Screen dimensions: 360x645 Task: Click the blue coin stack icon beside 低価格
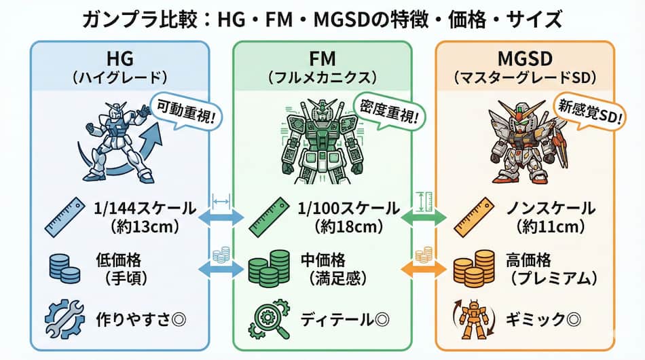click(64, 268)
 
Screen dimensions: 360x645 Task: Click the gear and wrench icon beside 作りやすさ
click(64, 319)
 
